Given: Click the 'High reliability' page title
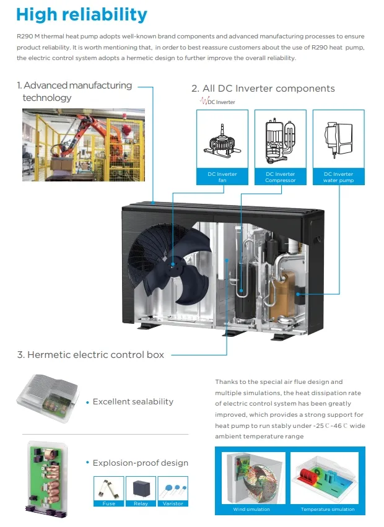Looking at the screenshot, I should click(82, 14).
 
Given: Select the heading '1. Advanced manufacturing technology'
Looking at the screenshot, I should click(74, 91).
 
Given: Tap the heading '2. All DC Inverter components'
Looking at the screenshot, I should click(263, 89).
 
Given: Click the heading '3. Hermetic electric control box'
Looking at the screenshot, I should click(91, 355).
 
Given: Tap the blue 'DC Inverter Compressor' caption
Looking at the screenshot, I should click(281, 177).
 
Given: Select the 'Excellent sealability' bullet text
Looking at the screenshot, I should click(133, 402).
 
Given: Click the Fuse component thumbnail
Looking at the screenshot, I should click(108, 489).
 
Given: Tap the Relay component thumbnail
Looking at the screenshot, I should click(141, 489).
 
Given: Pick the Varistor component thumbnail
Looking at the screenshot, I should click(173, 489).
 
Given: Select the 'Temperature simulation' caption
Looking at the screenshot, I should click(328, 510).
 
